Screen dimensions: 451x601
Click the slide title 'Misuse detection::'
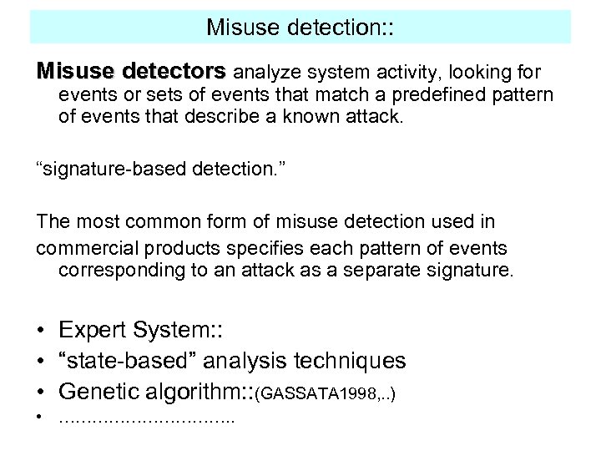pyautogui.click(x=300, y=27)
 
